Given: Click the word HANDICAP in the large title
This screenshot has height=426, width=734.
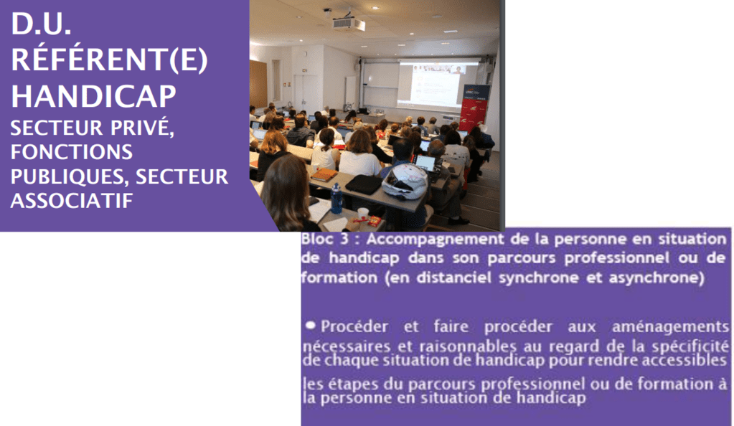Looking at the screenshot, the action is [93, 96].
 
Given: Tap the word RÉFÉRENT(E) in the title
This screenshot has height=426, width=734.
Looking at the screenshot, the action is [110, 60].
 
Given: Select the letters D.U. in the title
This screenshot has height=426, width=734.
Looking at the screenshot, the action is [41, 24].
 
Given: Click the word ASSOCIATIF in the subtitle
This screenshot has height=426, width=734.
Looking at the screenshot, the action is [72, 201].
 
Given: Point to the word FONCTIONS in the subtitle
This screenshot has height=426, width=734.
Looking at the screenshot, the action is [72, 152].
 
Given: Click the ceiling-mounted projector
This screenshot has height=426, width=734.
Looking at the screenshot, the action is [348, 22].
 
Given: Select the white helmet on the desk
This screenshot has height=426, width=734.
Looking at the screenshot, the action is [405, 180].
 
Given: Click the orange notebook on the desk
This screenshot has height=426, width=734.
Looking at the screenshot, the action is [324, 174].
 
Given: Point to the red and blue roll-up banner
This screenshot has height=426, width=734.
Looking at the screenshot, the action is [474, 108].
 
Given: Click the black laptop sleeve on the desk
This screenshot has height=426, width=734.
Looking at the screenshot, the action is [364, 184].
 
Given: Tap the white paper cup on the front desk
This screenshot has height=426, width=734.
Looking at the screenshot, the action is [363, 214].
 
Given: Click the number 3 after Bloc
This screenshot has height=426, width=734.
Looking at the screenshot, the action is [344, 240].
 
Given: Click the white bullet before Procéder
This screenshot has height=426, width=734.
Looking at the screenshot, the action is [310, 325].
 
